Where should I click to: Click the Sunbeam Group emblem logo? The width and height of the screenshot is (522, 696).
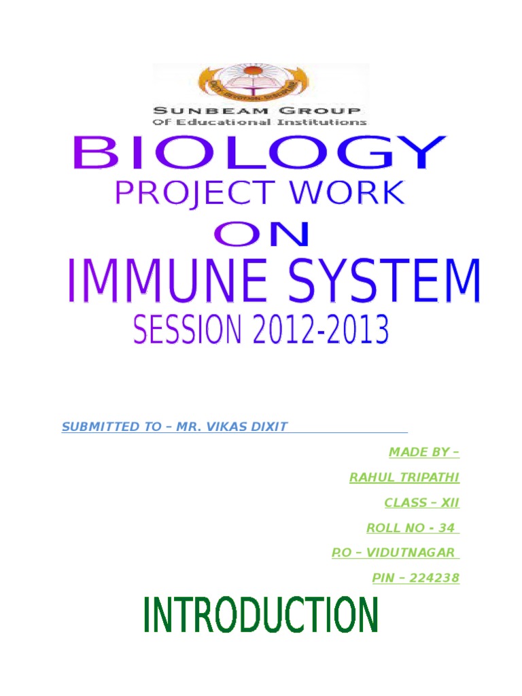253,83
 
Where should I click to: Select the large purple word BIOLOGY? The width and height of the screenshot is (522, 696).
260,153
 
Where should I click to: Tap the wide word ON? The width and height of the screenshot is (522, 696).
262,234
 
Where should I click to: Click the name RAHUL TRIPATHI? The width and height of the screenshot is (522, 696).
404,478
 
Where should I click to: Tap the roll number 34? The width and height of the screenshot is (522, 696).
447,528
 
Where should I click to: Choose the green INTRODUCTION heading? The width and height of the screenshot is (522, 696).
260,615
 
